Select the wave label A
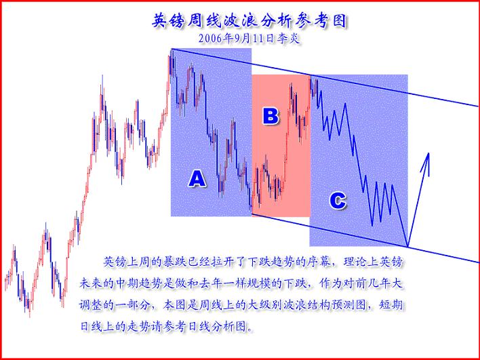coord(196,178)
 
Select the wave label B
coord(271,116)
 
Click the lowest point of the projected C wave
coord(407,245)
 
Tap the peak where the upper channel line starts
coord(171,50)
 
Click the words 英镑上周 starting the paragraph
coord(127,261)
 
